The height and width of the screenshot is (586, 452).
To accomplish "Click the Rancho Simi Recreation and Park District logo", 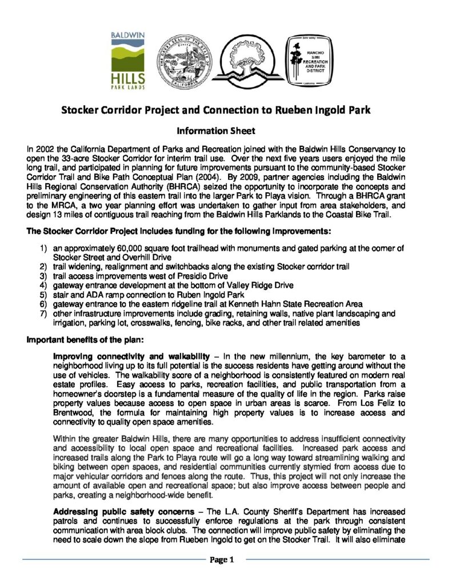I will click(x=309, y=61).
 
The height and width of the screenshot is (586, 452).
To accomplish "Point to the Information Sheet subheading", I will click(x=226, y=130).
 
